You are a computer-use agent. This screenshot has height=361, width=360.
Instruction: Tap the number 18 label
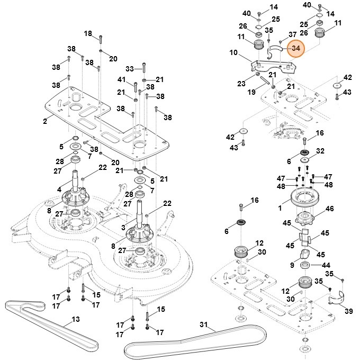pos(88,34)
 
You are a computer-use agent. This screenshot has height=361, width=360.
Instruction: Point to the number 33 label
pos(130,68)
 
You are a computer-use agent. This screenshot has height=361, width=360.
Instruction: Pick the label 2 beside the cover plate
pos(45,121)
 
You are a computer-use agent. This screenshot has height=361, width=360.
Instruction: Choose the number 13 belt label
pos(76,319)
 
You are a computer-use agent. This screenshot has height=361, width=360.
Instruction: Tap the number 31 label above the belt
pos(204,324)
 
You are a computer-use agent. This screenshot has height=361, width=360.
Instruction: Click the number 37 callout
pos(292,35)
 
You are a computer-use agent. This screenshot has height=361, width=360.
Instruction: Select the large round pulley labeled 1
pos(303,203)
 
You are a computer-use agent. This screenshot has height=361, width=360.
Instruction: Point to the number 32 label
pos(320,151)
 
